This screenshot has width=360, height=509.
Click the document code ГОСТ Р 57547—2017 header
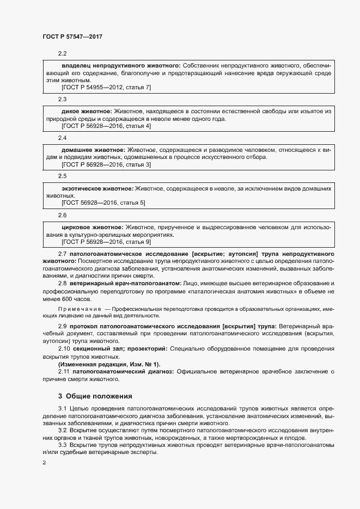[72, 36]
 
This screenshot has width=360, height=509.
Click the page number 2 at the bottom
[45, 463]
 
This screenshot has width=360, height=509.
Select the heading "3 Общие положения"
[95, 396]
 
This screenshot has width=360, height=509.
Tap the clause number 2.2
[62, 53]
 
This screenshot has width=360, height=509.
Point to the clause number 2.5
[62, 176]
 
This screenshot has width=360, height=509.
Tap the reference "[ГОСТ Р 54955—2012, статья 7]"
[106, 88]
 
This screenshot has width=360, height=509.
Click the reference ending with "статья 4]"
[106, 126]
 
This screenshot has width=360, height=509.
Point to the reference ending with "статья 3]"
[106, 164]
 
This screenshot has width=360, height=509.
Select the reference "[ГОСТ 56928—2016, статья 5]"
[103, 203]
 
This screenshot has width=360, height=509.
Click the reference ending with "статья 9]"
[106, 241]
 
